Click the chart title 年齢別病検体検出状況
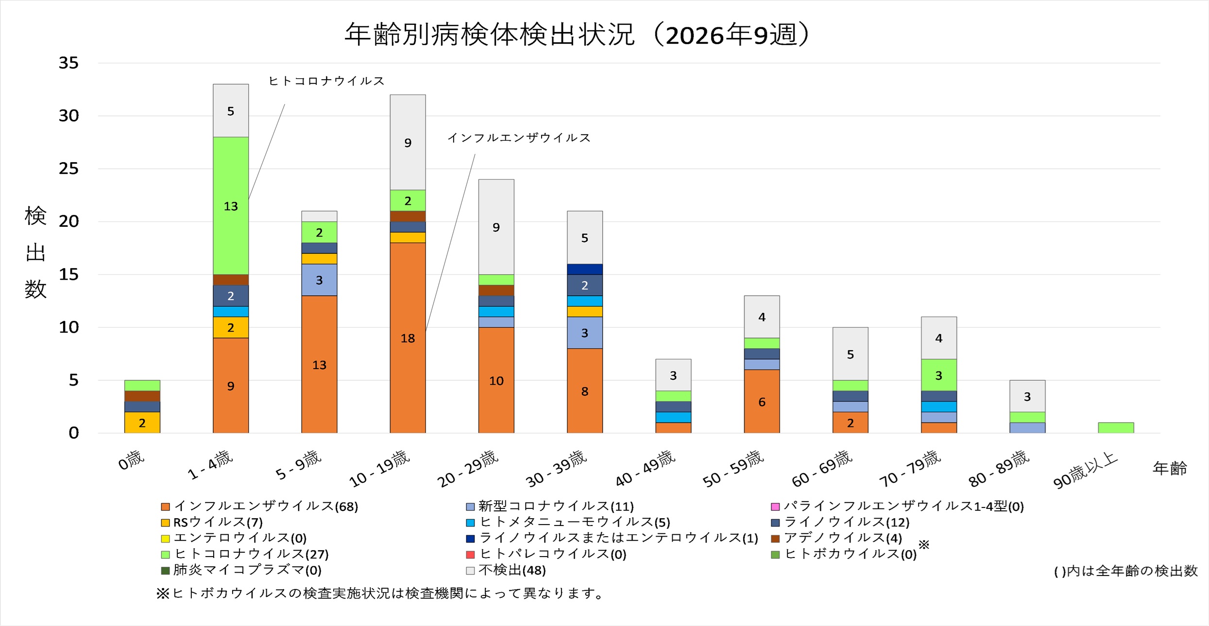[x=490, y=35]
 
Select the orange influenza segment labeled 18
[x=408, y=338]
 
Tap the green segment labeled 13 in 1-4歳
[x=231, y=205]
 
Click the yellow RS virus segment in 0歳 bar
[x=142, y=423]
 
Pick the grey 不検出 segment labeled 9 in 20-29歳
[x=496, y=227]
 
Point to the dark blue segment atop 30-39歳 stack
[x=585, y=269]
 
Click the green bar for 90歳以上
[x=1116, y=428]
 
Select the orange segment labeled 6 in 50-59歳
[x=762, y=401]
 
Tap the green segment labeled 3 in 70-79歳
[x=938, y=375]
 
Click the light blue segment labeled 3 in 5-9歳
[x=319, y=280]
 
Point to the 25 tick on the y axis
[x=68, y=169]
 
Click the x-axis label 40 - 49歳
[x=646, y=469]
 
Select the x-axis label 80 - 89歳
[x=999, y=469]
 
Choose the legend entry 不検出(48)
[x=512, y=570]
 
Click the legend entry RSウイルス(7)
[x=218, y=523]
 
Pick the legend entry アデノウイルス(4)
[x=843, y=538]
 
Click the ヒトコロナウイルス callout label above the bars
[x=326, y=81]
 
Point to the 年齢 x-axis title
[x=1170, y=469]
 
